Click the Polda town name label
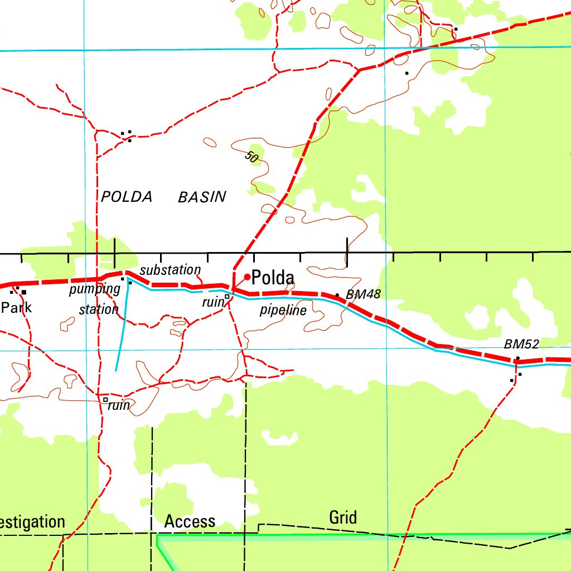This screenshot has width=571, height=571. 273,277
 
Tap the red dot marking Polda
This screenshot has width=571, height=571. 247,277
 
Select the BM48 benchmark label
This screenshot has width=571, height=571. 363,294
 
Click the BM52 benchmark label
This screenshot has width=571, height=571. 521,345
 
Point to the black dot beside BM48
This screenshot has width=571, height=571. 337,295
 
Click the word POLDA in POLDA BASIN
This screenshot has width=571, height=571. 127,197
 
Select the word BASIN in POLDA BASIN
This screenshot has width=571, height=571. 202,197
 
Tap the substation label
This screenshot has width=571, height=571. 170,270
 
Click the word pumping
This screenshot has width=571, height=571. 94,289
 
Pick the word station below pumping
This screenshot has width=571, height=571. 99,309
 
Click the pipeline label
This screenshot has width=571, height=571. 283,311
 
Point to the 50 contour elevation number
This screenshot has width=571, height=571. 251,157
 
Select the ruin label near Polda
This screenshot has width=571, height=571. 212,302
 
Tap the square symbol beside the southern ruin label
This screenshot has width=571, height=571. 105,399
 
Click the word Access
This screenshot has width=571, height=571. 190,521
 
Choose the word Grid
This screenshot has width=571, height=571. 343,517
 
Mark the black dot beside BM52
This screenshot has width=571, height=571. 517,358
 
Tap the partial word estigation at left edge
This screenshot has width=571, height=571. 32,522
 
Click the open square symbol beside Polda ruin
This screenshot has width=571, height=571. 227,297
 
